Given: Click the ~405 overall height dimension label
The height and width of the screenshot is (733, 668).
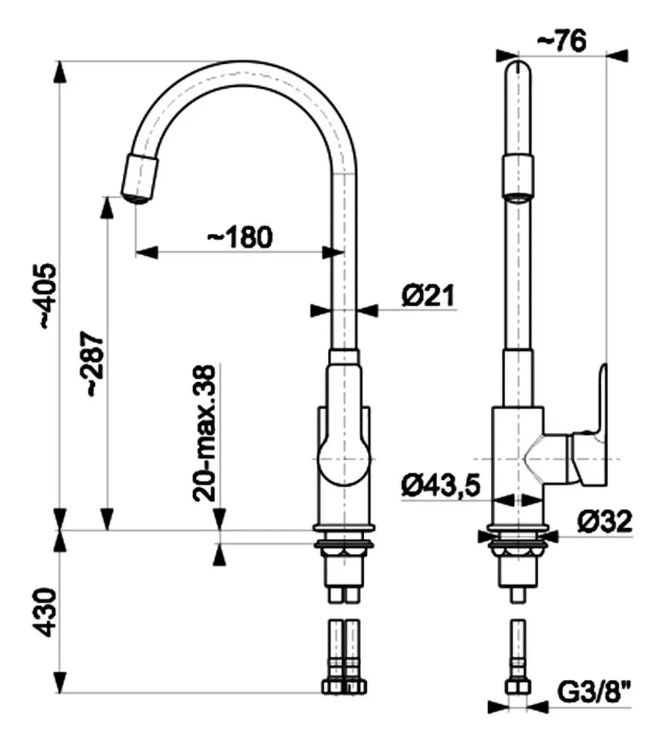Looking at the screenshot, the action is pos(49,297).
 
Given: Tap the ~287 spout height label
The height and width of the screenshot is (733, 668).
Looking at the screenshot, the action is pos(90,364).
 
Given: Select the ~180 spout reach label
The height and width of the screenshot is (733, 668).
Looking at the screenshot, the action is pos(240,237).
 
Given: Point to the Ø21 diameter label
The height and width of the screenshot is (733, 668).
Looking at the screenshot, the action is pos(428,295).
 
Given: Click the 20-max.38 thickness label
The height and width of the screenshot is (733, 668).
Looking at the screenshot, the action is pos(205,433).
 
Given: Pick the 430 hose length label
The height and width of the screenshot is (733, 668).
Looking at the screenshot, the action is pos(48,612).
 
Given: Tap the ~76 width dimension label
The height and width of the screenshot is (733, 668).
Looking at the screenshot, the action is pos(561,41).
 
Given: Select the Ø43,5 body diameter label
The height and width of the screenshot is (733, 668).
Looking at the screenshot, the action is pos(441,485).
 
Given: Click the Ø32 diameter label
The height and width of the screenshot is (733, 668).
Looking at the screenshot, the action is pos(605,521).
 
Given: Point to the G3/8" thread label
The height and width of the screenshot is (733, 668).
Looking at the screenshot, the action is pos(595,692).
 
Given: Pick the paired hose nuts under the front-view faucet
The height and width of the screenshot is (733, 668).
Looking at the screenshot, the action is pos(344,686).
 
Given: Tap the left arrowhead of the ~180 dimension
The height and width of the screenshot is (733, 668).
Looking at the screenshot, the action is pos(147,252).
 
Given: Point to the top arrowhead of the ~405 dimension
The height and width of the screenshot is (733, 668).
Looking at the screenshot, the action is pos(59,73).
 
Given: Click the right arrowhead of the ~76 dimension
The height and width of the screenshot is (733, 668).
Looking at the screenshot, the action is pos(616,55).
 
